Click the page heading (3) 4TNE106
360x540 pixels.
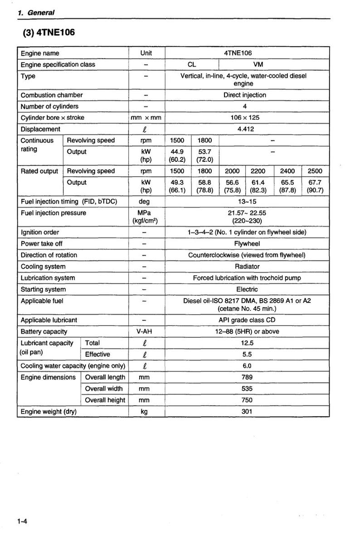[x=49, y=33]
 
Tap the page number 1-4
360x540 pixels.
[x=23, y=522]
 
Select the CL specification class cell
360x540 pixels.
[x=192, y=64]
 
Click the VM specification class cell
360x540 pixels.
[x=258, y=64]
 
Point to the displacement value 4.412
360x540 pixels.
[x=246, y=129]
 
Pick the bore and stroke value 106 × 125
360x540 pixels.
[x=246, y=117]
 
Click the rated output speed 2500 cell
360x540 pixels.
[x=315, y=171]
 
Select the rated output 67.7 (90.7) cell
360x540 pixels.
[x=315, y=186]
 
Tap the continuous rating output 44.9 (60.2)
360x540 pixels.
[x=177, y=156]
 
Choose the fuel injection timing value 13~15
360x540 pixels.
[x=246, y=201]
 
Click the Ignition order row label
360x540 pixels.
[x=40, y=232]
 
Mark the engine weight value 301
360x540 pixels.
[x=247, y=412]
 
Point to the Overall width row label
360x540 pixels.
[x=104, y=389]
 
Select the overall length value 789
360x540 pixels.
[x=247, y=377]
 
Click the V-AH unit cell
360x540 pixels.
[x=146, y=331]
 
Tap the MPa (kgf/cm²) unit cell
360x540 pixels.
[x=146, y=217]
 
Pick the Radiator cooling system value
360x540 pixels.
[x=247, y=267]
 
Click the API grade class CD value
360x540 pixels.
[x=247, y=320]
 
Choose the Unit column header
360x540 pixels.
[x=146, y=53]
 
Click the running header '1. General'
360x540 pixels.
[x=36, y=13]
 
